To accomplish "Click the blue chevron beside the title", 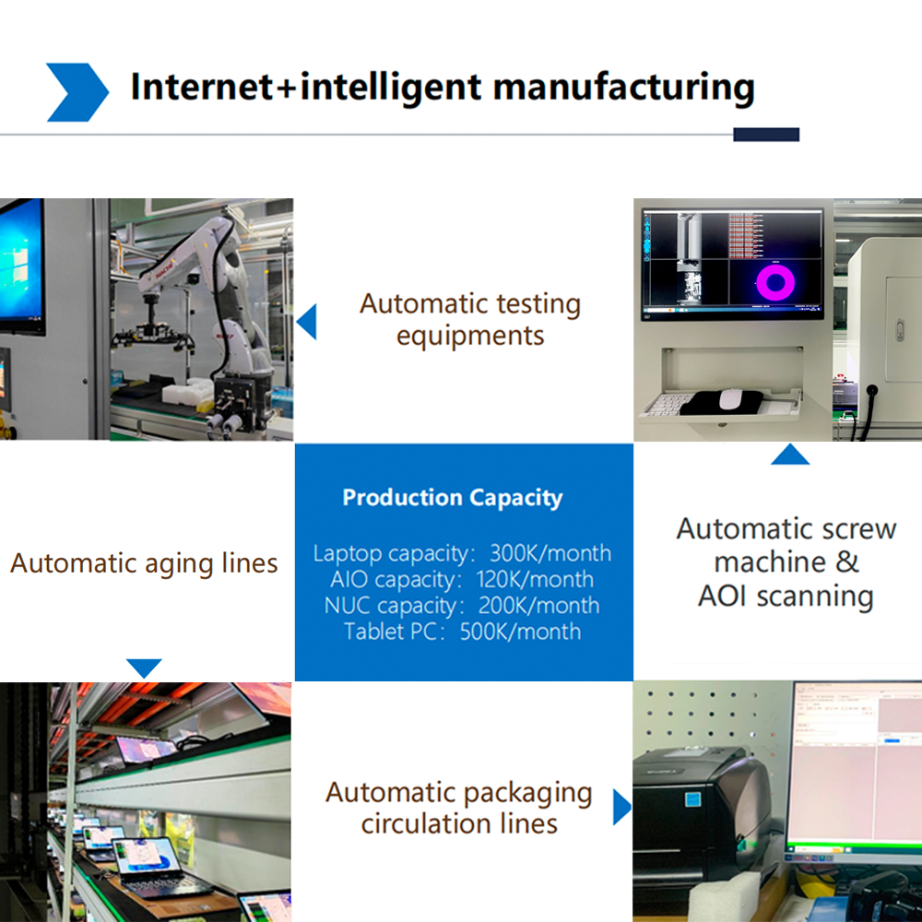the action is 77,92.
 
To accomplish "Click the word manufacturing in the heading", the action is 624,88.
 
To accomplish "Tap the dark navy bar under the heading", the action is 766,135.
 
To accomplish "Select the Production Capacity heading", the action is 453,498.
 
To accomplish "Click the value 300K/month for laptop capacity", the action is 550,553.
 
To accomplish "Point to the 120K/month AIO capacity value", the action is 535,580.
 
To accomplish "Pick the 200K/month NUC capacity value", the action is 539,606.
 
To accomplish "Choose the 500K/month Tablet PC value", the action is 520,632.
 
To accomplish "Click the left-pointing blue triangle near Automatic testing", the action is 308,322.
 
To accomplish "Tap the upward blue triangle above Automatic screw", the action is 790,455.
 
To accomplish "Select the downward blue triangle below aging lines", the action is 144,668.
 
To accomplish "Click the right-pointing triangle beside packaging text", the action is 621,807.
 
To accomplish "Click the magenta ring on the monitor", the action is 775,282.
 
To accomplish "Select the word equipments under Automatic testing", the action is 470,337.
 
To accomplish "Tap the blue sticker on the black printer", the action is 693,799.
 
